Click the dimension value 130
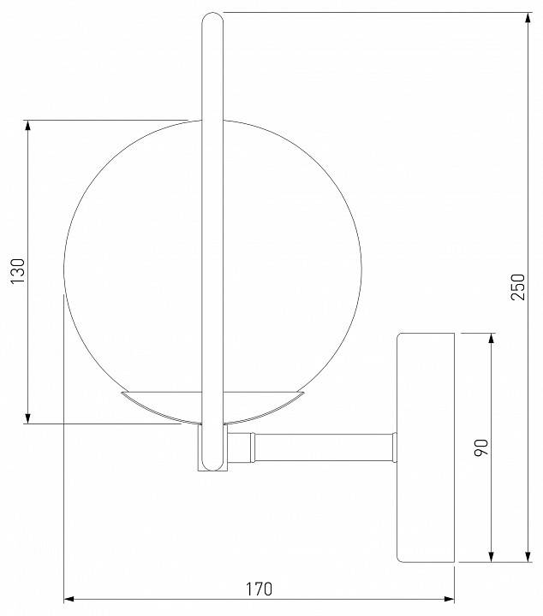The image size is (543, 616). pos(19,272)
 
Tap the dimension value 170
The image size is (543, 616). pos(258,589)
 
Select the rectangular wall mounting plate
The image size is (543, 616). pos(425,447)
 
